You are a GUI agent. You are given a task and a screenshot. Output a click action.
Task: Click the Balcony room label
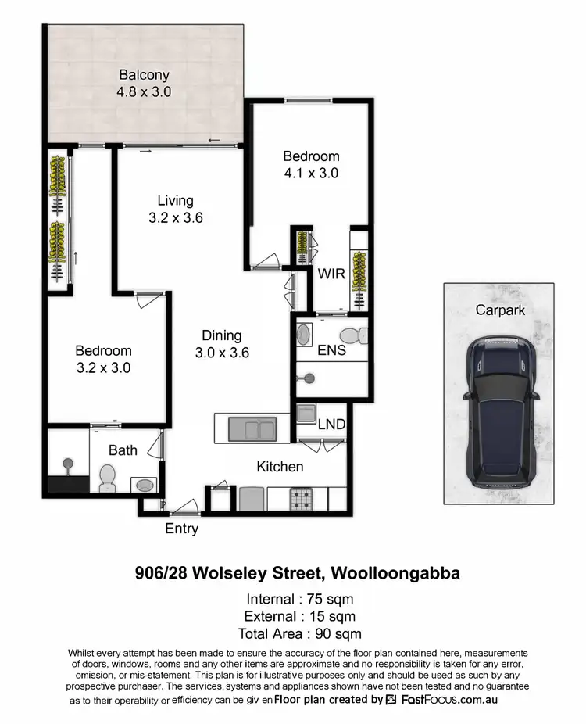click(145, 76)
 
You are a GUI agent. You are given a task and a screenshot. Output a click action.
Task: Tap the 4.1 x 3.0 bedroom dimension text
click(311, 174)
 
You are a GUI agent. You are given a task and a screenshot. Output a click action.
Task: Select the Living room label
click(175, 201)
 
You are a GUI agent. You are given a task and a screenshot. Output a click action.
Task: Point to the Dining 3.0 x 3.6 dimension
click(222, 353)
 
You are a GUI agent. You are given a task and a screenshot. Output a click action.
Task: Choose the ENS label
click(331, 351)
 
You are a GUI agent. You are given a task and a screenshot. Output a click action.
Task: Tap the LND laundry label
click(331, 425)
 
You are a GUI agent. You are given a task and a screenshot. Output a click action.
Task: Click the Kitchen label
click(280, 467)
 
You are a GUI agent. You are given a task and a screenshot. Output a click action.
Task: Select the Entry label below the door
click(181, 529)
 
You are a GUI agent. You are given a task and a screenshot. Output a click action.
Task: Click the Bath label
click(123, 450)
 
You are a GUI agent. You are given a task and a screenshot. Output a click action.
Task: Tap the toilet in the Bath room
click(108, 477)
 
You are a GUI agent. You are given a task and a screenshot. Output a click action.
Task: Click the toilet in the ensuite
click(356, 337)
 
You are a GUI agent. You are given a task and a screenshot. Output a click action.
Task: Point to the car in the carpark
click(499, 411)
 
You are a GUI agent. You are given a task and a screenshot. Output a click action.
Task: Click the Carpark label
click(500, 310)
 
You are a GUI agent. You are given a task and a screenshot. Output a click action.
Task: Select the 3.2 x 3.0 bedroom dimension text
click(103, 367)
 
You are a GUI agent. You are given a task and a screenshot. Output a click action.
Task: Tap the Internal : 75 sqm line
click(300, 600)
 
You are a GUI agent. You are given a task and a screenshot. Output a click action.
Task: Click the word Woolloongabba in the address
click(396, 573)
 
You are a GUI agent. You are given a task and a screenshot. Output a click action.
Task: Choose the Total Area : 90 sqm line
click(300, 633)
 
